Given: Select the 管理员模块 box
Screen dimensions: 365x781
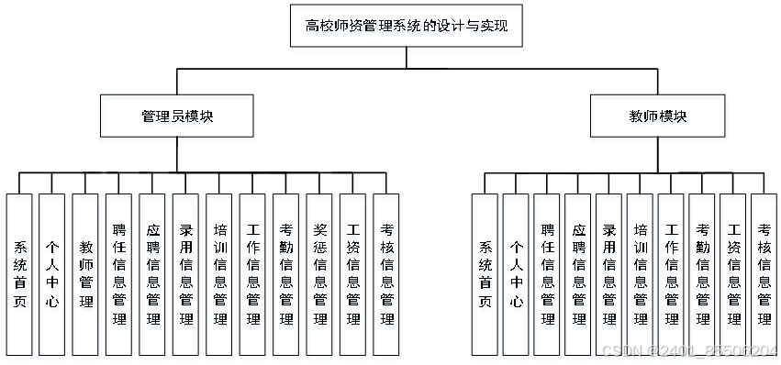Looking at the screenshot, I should [178, 116].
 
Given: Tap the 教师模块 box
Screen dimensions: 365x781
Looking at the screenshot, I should [658, 116].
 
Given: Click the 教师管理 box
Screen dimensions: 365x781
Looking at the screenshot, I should [87, 274].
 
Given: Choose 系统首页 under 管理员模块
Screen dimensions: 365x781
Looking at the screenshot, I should [19, 274].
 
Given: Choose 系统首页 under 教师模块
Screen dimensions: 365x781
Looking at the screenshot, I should [485, 274].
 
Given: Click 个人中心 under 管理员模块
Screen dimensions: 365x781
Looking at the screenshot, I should [52, 274].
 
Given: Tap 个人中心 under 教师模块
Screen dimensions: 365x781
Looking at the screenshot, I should [517, 274].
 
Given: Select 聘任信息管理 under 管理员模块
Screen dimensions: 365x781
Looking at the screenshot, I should [119, 274].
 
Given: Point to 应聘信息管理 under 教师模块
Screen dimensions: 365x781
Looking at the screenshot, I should [578, 274].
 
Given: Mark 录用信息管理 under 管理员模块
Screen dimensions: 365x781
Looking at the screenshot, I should [186, 274].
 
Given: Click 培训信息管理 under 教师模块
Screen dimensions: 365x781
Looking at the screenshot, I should [641, 274].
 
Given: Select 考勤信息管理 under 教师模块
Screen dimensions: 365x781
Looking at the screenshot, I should [702, 274].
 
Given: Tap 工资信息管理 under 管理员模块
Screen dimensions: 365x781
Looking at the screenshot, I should [353, 274].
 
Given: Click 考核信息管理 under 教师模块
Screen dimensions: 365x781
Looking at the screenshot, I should [764, 274].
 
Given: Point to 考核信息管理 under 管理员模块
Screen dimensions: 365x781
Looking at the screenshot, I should [386, 274].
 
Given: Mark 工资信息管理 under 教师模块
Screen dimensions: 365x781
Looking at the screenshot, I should [733, 274].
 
